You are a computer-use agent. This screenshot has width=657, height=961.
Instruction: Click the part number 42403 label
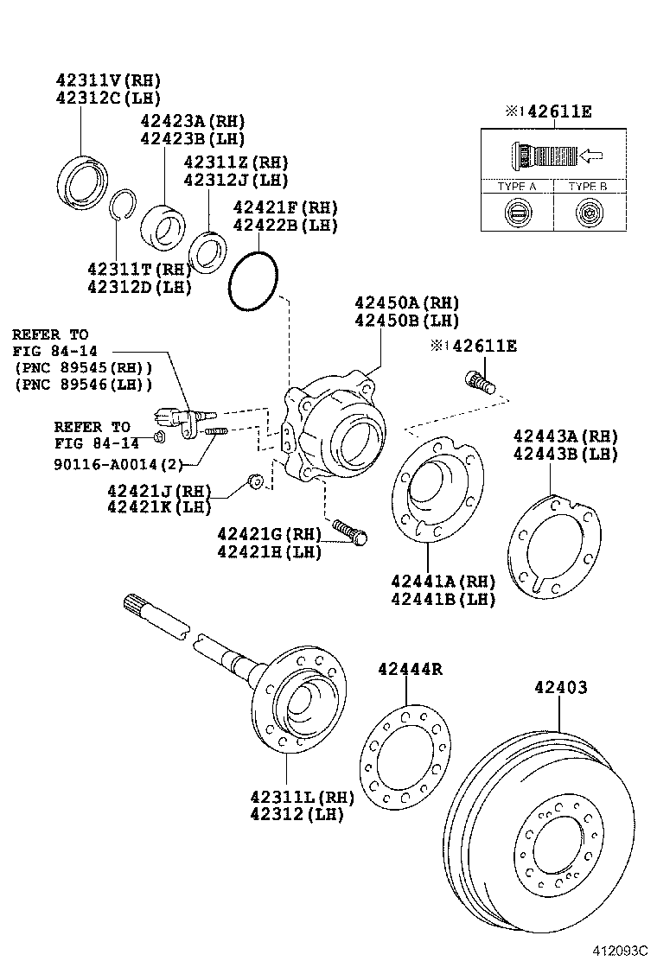[560, 688]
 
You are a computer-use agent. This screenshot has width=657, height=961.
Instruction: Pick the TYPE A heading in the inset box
[517, 187]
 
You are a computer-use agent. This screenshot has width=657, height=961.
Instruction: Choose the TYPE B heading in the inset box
[587, 187]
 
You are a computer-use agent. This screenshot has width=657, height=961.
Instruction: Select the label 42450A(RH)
[405, 302]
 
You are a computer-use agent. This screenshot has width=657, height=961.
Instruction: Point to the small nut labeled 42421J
[254, 480]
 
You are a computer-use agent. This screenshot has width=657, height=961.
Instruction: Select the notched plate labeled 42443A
[553, 544]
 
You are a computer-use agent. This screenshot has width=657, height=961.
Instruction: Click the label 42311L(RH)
[290, 796]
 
